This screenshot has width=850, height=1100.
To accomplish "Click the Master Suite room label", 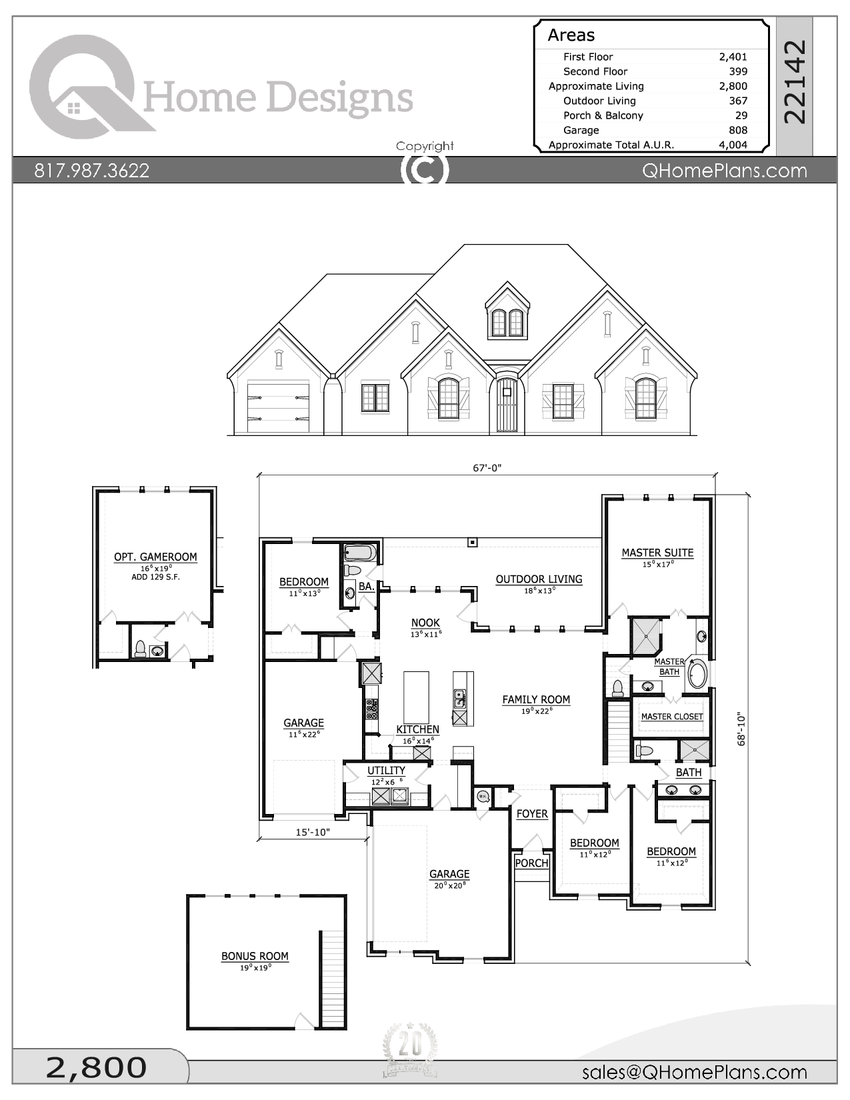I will (657, 553).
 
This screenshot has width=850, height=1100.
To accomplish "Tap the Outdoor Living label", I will (539, 579).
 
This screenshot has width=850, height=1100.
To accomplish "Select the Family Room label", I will (536, 699).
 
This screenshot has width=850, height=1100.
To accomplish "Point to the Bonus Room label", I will (255, 956).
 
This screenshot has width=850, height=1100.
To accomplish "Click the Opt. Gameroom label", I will (155, 557).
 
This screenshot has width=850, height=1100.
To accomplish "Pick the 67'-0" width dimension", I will (487, 468).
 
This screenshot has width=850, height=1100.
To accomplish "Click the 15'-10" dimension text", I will (313, 832).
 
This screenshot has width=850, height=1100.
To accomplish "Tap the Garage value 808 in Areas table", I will (737, 130).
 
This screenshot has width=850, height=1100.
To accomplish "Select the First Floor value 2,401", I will (733, 57).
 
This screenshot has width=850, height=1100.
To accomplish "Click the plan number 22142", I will (795, 81).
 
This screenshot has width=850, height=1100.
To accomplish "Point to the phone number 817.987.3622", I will (92, 171).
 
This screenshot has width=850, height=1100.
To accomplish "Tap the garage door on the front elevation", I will (278, 407).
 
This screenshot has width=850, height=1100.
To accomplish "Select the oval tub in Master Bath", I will (697, 674).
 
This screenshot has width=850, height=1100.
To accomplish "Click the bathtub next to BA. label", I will (360, 553).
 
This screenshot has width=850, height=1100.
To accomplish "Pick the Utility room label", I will (386, 771).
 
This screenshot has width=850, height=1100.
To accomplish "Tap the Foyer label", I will (531, 814).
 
